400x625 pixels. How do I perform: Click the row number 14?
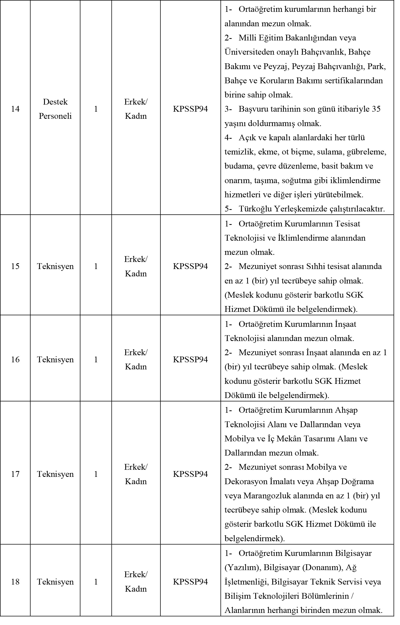(15, 109)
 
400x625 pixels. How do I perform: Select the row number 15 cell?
(15, 266)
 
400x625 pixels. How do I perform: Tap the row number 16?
(15, 359)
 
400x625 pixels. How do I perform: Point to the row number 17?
(15, 474)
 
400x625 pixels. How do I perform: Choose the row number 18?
(15, 582)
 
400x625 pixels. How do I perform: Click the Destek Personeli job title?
(55, 109)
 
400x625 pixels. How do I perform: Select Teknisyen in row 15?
(55, 266)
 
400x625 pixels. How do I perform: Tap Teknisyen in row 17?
(55, 474)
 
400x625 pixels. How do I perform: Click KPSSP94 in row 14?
(190, 109)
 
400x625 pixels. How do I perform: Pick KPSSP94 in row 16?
(190, 359)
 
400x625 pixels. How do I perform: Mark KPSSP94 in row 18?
(190, 582)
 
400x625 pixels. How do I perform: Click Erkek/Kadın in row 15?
(136, 266)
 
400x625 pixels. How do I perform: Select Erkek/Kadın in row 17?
(136, 474)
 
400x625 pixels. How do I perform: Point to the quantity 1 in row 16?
(96, 359)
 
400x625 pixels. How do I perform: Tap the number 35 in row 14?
(376, 109)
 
